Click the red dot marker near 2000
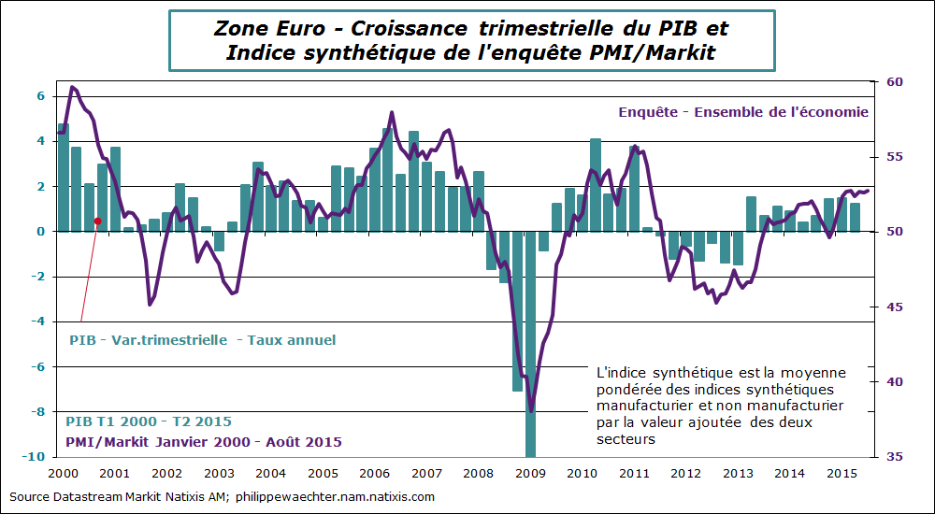(97, 221)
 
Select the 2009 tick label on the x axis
(531, 475)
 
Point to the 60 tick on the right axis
(895, 82)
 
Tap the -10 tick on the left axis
(34, 457)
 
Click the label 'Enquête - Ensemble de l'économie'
(743, 111)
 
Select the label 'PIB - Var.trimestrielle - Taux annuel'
(203, 340)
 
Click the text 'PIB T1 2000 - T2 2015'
(149, 421)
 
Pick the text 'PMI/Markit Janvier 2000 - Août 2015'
(203, 441)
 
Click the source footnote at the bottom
(222, 496)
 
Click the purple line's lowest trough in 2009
(531, 409)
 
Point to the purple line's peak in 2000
(73, 87)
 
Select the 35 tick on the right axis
(895, 457)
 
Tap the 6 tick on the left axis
(40, 96)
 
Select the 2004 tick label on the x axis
(270, 475)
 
